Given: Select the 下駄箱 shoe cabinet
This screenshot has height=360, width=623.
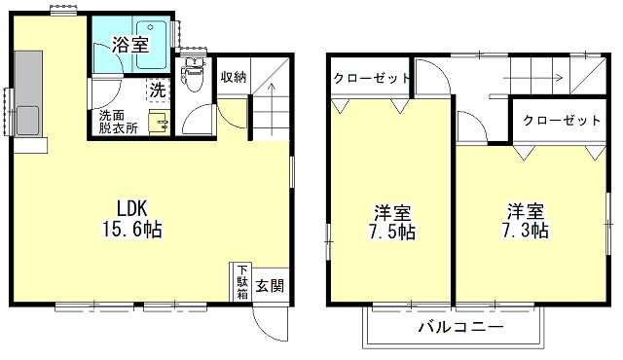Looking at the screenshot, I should (x=242, y=282).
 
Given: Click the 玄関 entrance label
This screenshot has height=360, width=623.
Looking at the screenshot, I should (x=270, y=287).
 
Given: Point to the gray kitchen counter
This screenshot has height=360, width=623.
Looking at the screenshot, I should (x=28, y=97).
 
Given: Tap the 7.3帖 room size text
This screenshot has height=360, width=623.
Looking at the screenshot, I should (x=525, y=231).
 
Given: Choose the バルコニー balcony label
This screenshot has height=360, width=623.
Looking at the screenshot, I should (x=462, y=326).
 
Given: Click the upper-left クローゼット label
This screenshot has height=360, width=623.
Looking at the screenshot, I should (x=370, y=78).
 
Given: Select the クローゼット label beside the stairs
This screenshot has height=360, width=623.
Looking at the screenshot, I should (x=562, y=121).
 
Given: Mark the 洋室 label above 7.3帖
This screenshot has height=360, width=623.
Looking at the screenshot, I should (x=525, y=210).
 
